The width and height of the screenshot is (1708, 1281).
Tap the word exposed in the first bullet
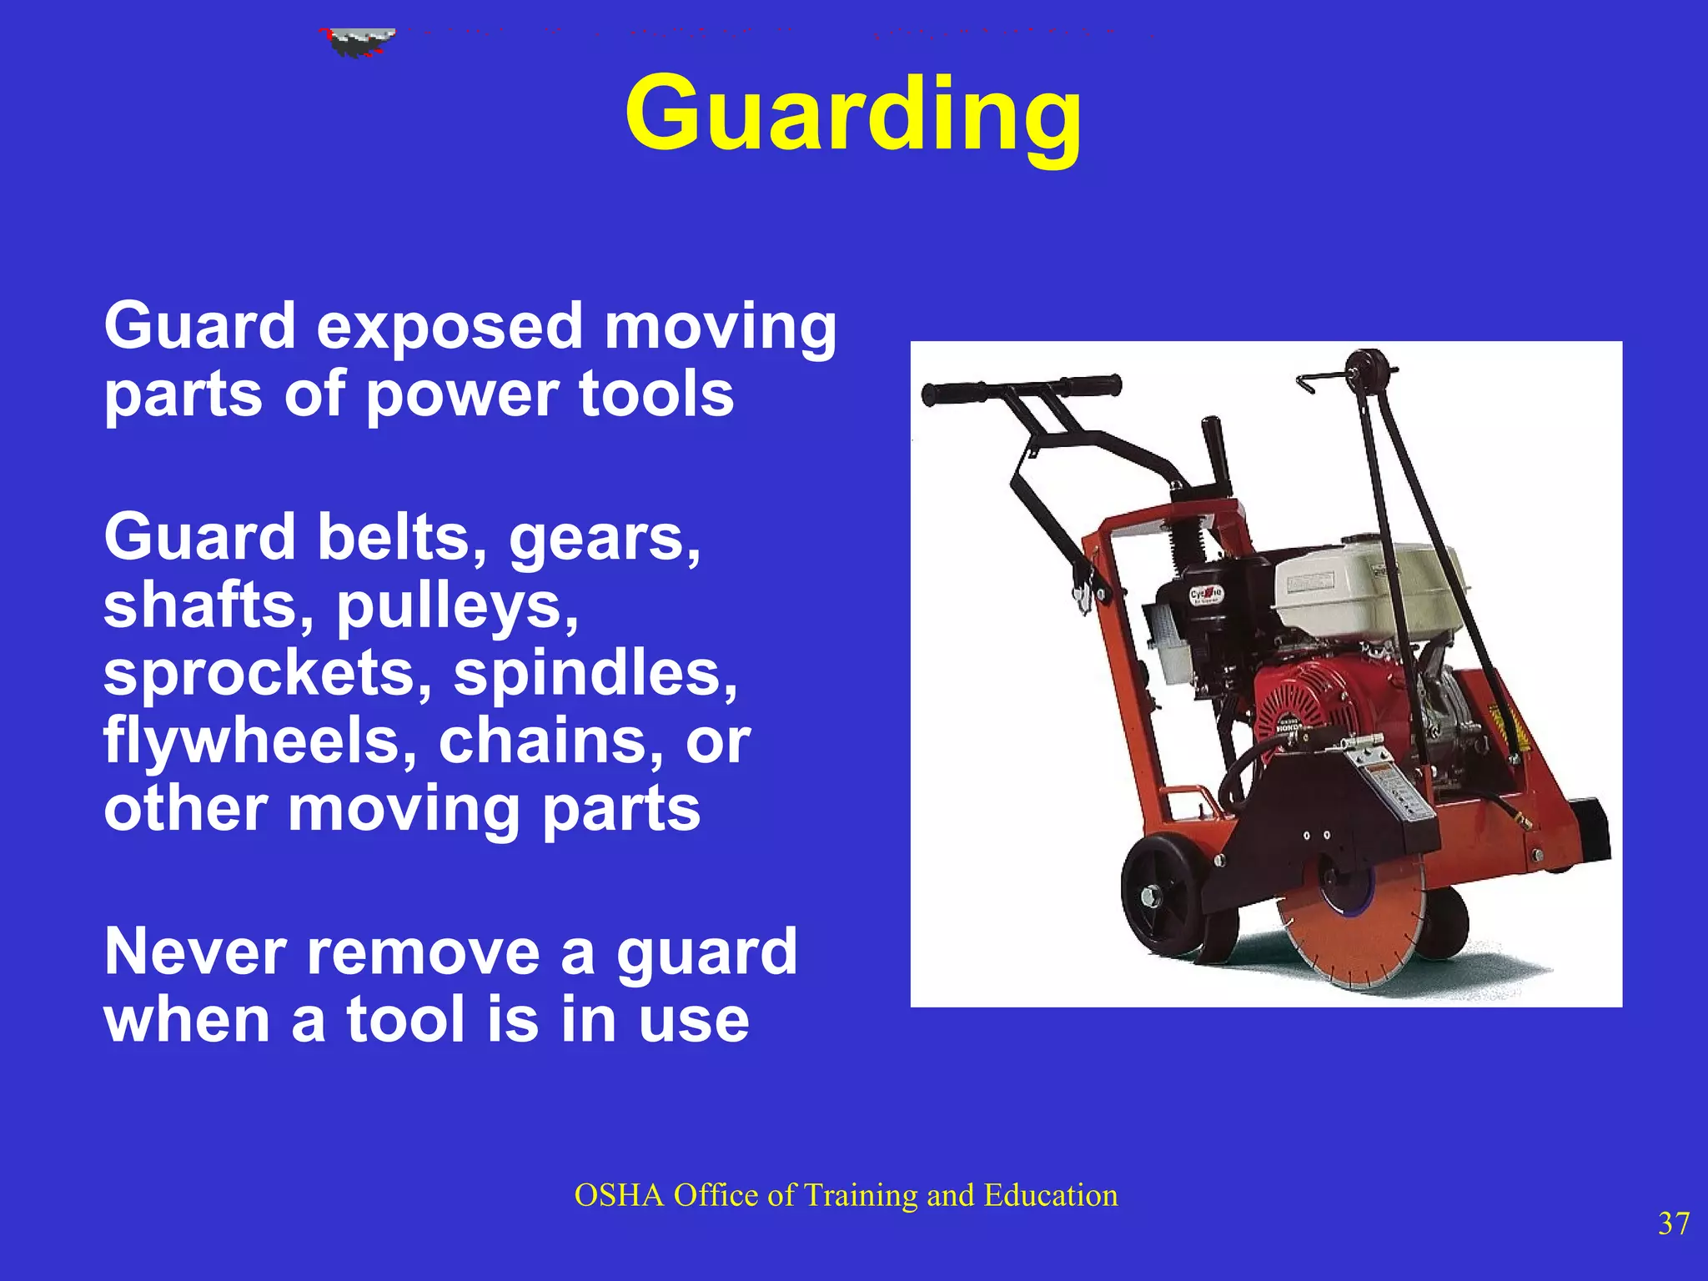(x=449, y=328)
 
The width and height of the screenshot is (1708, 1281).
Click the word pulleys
(x=457, y=606)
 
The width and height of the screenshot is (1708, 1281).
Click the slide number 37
(x=1673, y=1223)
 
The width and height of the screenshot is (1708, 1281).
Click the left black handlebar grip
(x=955, y=392)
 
